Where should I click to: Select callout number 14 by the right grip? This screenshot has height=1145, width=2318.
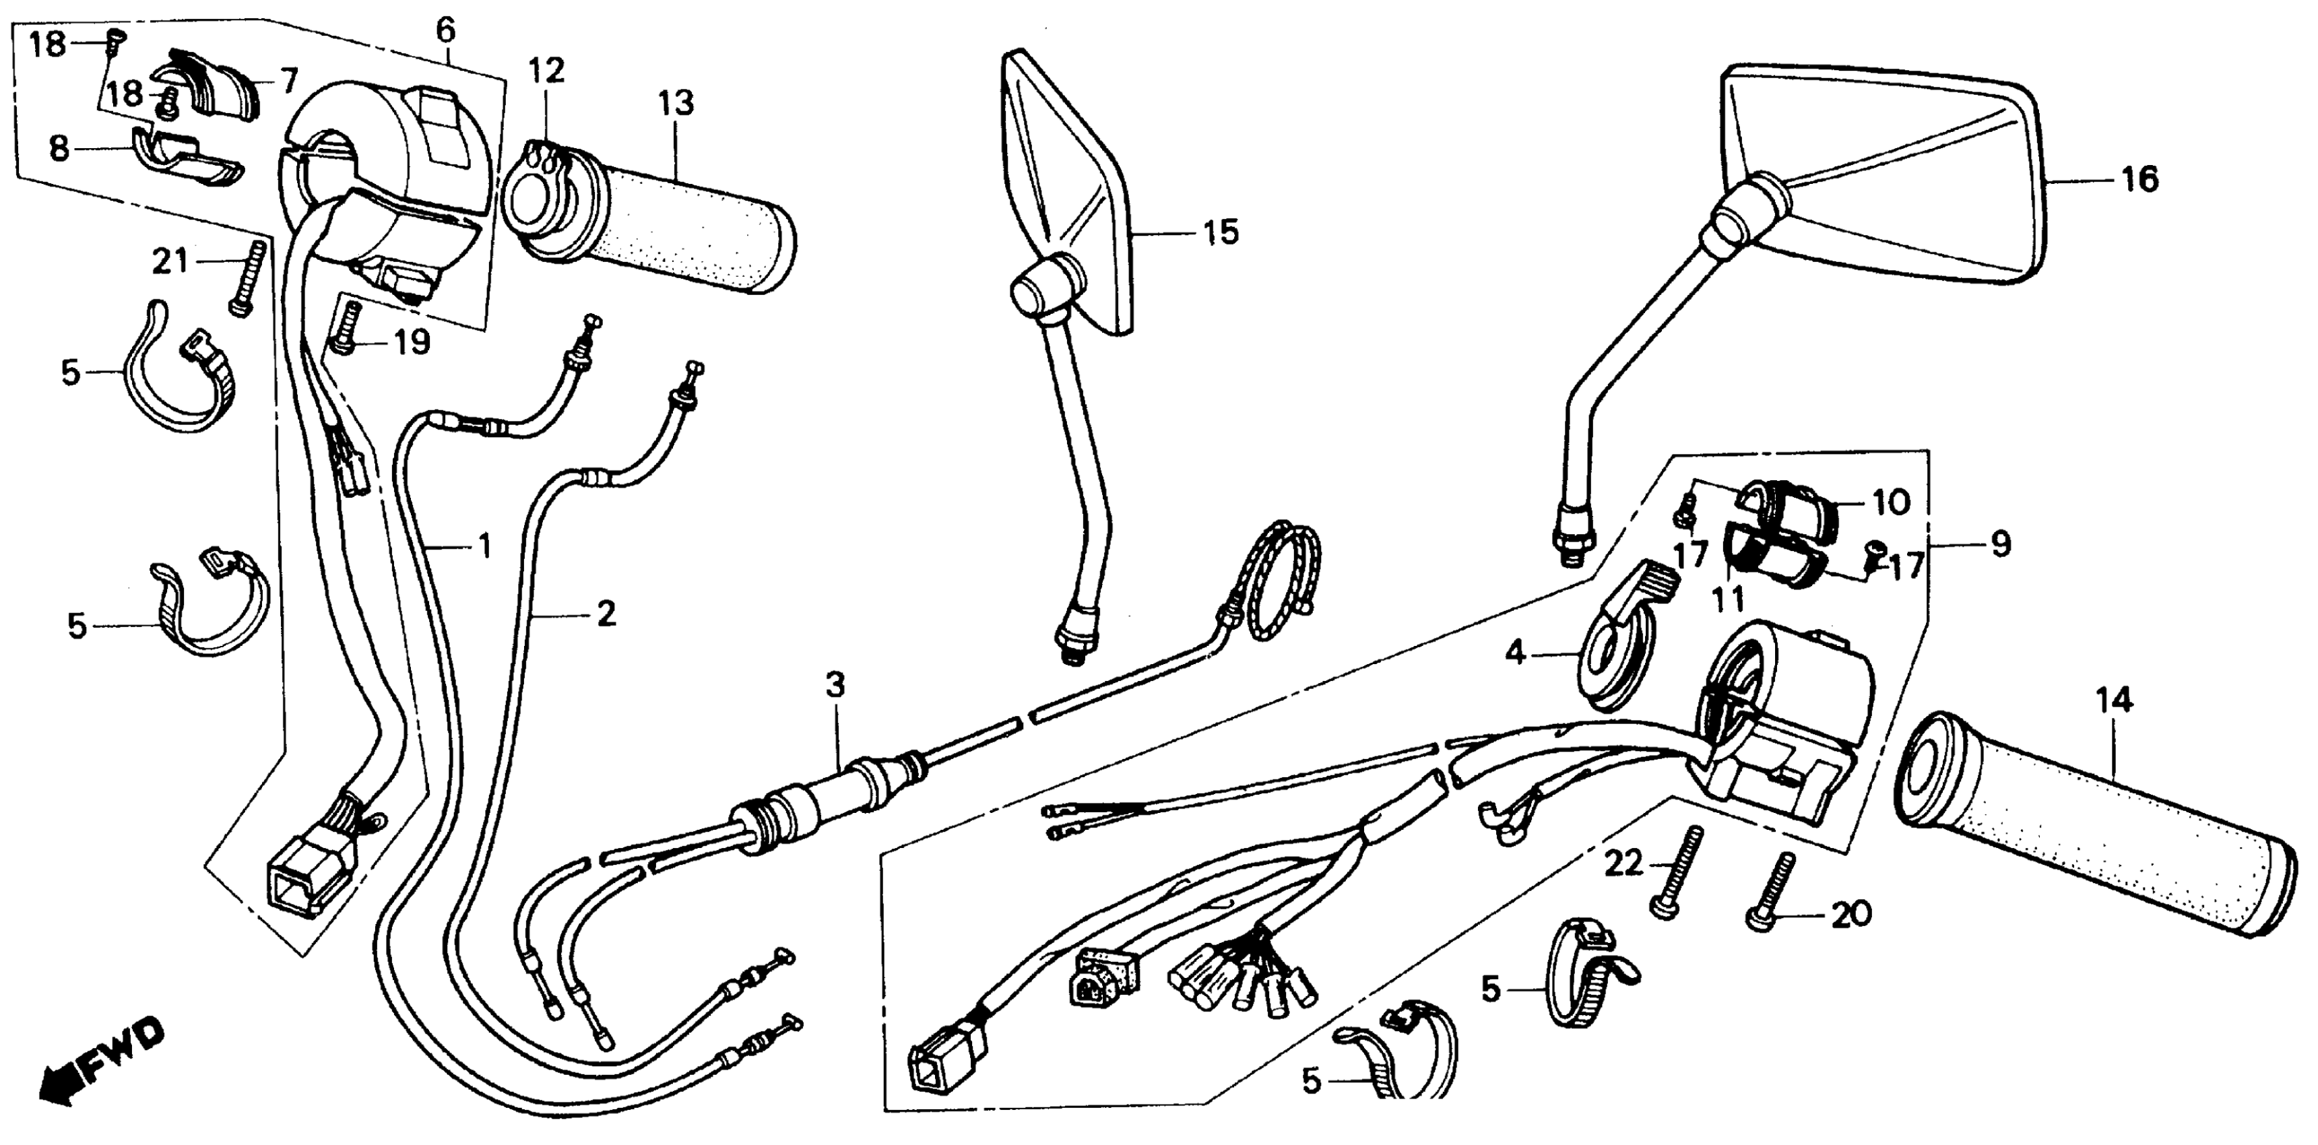2114,700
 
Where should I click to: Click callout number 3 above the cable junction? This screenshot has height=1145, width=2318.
835,686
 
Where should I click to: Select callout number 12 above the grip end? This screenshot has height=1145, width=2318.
546,70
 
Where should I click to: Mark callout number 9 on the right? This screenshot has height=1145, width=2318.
1999,544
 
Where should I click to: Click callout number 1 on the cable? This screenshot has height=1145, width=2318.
484,546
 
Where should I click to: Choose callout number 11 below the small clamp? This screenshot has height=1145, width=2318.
1729,598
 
